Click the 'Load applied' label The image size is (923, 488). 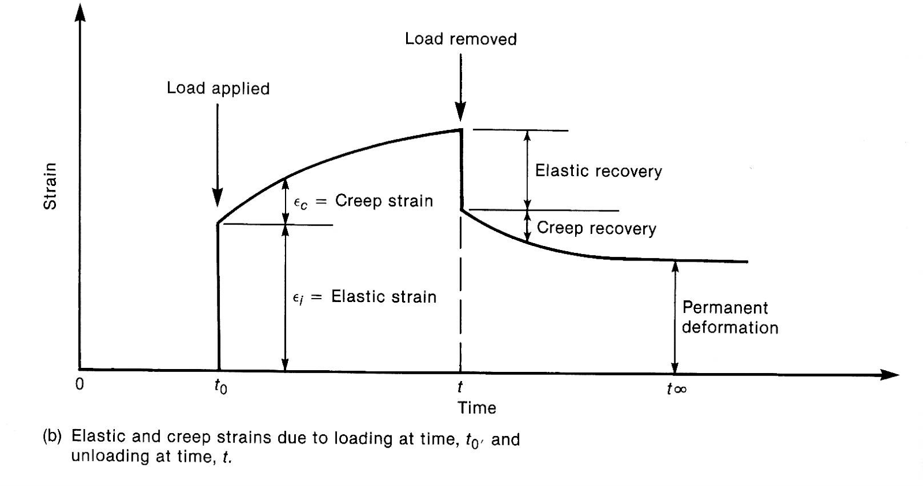[x=218, y=88]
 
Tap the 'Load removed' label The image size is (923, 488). [x=461, y=39]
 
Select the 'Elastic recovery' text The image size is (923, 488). [x=598, y=171]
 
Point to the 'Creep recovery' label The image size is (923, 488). [x=596, y=228]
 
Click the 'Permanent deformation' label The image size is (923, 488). [x=730, y=317]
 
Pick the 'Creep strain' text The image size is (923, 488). [x=384, y=201]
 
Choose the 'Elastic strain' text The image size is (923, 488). [x=384, y=297]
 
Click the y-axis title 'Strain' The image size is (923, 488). [x=50, y=186]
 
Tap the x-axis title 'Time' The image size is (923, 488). [x=476, y=408]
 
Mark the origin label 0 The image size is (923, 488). [x=80, y=384]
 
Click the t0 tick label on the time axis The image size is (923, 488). [x=220, y=387]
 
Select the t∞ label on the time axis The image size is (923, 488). [x=677, y=389]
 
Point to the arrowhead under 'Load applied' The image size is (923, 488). [x=217, y=197]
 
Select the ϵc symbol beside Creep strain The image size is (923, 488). [x=300, y=203]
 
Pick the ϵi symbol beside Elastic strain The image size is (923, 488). [x=298, y=299]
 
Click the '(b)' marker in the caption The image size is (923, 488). [x=52, y=437]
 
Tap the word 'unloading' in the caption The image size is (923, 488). [x=110, y=456]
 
